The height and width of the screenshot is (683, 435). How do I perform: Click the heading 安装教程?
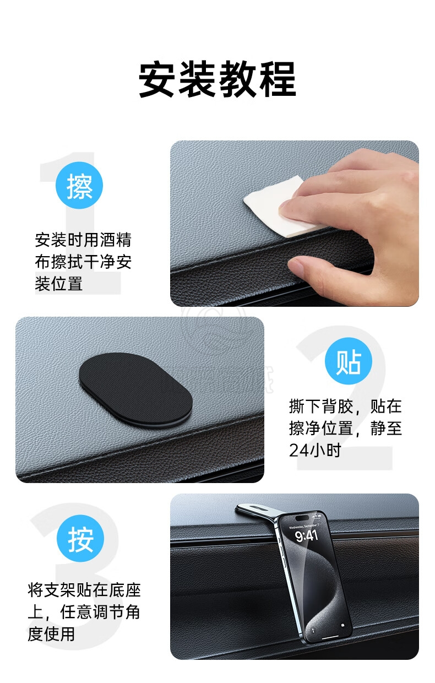tap(218, 79)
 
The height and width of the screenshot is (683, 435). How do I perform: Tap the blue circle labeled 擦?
tap(79, 186)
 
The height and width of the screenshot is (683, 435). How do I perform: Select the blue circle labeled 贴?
tap(349, 361)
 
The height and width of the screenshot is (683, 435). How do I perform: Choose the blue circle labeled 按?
tap(80, 538)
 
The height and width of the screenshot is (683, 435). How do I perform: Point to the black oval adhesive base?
tap(135, 391)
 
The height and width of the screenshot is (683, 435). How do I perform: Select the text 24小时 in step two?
tap(315, 450)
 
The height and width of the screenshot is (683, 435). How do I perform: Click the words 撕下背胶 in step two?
tap(321, 406)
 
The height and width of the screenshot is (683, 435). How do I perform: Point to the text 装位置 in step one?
tap(58, 284)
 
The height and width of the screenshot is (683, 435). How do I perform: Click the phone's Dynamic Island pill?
tap(302, 518)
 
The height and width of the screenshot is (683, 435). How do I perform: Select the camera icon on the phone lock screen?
tap(342, 625)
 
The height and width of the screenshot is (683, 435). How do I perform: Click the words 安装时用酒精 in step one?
tap(83, 240)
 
